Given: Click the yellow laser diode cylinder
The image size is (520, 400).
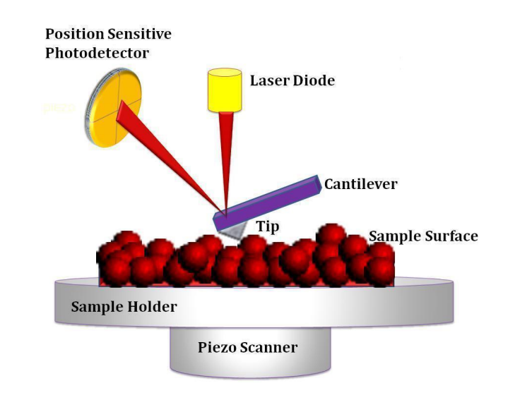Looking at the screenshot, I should pyautogui.click(x=225, y=90).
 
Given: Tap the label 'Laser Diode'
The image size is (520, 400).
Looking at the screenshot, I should pyautogui.click(x=292, y=80).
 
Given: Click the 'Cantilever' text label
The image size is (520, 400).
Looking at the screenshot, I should pyautogui.click(x=360, y=185).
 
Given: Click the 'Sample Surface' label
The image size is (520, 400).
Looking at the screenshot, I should pyautogui.click(x=422, y=236).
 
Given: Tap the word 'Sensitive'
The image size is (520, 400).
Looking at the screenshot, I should pyautogui.click(x=137, y=34).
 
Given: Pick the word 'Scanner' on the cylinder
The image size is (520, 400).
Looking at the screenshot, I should pyautogui.click(x=273, y=347).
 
